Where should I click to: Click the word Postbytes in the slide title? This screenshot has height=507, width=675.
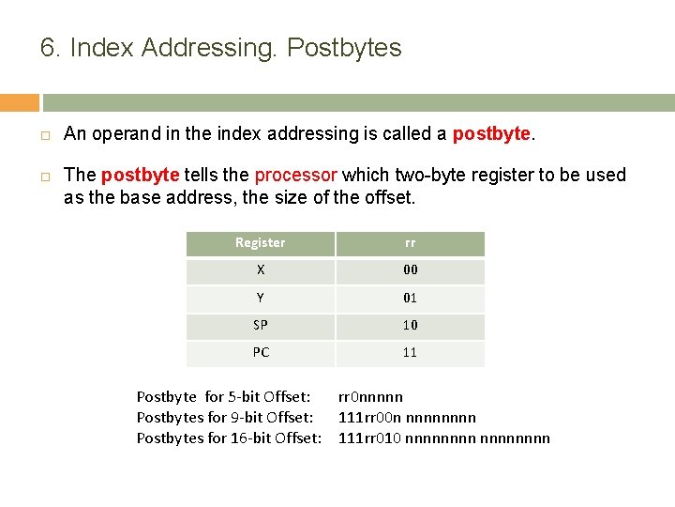(344, 48)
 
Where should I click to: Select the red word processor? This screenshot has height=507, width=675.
(296, 176)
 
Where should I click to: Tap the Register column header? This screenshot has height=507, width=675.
(260, 243)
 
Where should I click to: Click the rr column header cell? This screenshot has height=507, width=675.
(410, 243)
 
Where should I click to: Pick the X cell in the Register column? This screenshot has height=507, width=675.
(260, 270)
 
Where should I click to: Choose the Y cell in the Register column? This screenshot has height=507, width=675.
(260, 298)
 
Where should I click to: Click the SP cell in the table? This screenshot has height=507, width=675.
(260, 325)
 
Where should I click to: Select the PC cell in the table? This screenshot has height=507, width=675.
(260, 352)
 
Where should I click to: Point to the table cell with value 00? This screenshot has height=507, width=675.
(410, 270)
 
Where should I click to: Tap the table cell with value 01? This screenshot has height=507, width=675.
(410, 298)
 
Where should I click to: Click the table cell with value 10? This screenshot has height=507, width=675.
(410, 325)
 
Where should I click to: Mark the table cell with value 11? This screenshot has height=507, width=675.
(410, 352)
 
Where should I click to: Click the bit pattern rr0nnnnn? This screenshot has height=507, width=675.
(370, 397)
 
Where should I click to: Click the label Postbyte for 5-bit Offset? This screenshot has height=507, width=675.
(223, 397)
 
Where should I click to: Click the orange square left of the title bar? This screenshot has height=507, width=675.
(20, 102)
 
